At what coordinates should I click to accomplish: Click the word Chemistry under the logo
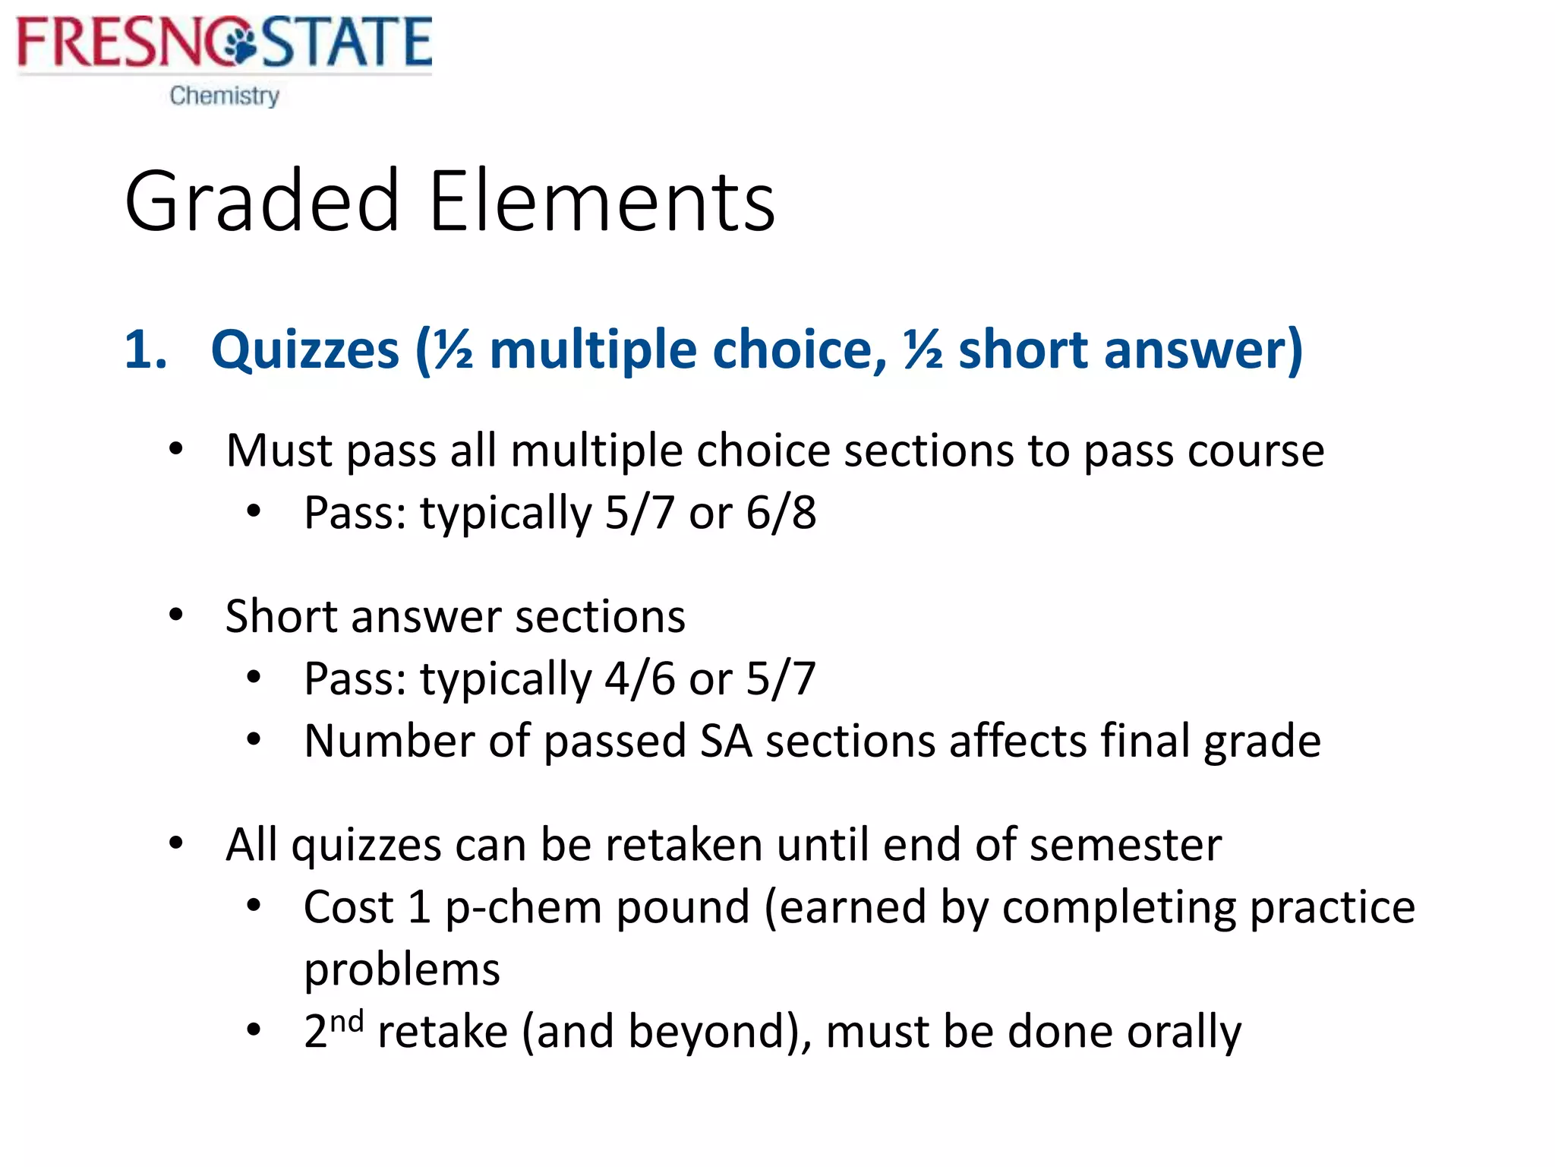pos(225,96)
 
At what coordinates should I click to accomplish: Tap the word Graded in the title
pos(262,201)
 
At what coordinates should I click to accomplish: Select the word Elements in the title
pos(601,201)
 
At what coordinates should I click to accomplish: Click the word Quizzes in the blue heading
pos(304,350)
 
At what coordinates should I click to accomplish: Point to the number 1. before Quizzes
pos(146,350)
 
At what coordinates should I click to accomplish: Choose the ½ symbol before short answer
pos(923,350)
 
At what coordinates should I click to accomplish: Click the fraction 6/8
pos(781,513)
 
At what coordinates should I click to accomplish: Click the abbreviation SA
pos(726,741)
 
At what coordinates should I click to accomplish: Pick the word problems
pos(402,970)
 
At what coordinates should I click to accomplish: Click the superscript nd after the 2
pos(347,1020)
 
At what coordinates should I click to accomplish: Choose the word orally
pos(1184,1033)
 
